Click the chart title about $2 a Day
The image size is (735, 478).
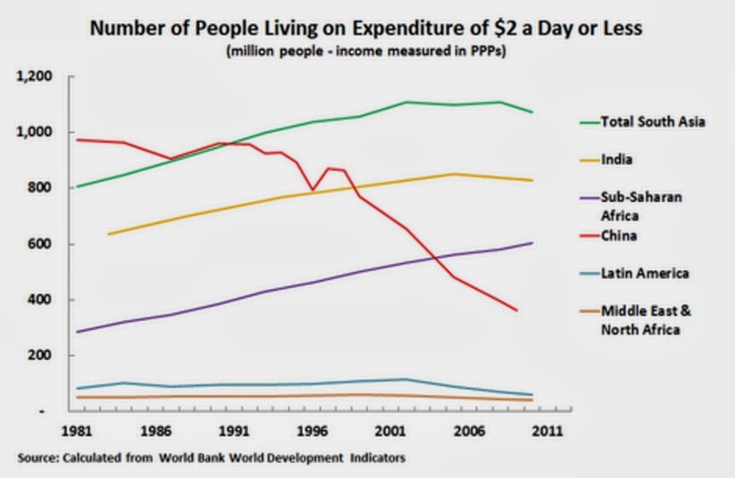pos(367,28)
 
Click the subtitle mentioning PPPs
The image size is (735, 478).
pos(367,51)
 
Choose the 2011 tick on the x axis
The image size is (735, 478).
pos(546,431)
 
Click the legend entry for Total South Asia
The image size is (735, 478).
pos(653,121)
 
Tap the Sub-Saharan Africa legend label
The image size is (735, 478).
pos(641,206)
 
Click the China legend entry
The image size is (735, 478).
pos(619,236)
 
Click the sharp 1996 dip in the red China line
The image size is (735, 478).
pos(313,190)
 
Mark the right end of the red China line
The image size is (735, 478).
pos(516,310)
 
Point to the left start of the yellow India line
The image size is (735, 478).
pos(107,235)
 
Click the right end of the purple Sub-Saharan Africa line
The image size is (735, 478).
pos(532,243)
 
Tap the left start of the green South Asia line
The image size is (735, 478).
pos(79,186)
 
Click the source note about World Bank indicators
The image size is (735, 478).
pos(211,458)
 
